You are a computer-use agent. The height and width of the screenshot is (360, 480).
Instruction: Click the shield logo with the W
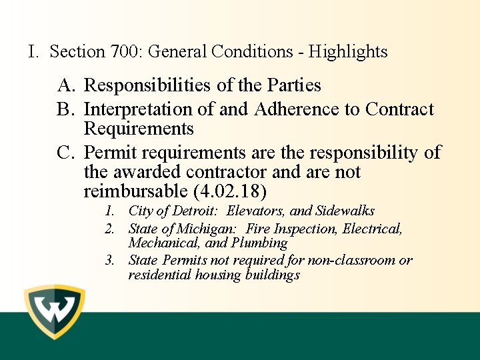click(x=55, y=313)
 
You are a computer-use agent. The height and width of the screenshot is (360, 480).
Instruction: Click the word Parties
click(x=294, y=85)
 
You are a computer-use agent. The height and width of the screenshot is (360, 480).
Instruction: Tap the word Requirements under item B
click(x=139, y=129)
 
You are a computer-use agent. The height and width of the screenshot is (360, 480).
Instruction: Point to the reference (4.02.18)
click(x=230, y=192)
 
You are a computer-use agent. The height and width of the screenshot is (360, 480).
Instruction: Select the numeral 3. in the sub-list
click(x=110, y=260)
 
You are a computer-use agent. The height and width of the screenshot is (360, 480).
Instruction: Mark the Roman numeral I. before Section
click(x=33, y=51)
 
